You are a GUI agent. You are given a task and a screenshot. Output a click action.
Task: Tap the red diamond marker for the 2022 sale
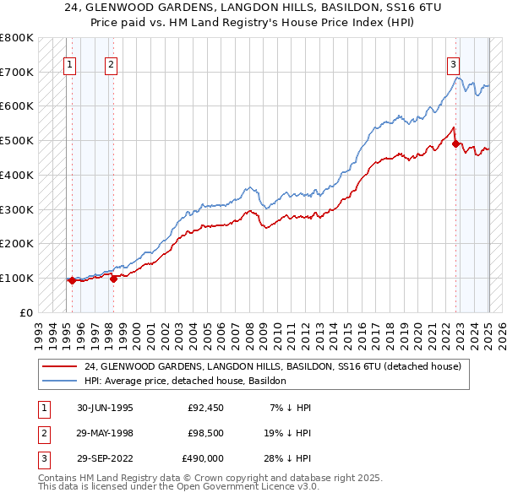click(455, 143)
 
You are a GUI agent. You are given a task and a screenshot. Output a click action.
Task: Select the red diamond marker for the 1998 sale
click(114, 278)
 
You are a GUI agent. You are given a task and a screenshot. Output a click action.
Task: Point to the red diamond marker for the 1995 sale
click(72, 280)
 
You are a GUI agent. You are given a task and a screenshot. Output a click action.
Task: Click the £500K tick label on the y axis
click(17, 140)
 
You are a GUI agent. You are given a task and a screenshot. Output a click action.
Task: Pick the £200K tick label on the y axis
click(17, 243)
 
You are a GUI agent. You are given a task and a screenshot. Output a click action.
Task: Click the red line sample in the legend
click(61, 366)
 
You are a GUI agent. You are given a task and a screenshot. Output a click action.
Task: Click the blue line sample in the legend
click(61, 381)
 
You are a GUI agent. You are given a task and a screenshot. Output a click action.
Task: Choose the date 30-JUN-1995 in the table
click(105, 408)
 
